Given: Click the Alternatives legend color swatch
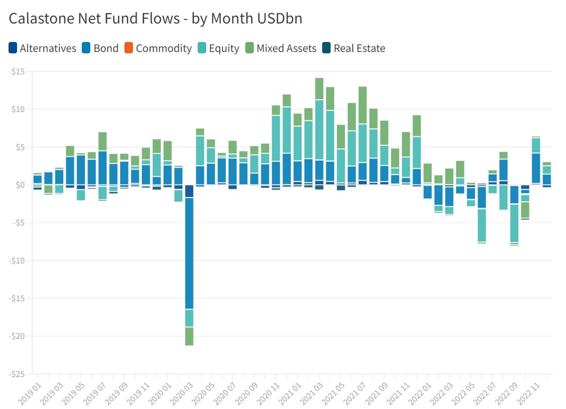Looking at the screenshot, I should click(x=13, y=48).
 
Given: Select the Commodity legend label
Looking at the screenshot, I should click(x=164, y=48).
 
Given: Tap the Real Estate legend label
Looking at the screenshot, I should click(x=359, y=48).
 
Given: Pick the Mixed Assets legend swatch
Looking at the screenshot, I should click(x=249, y=48).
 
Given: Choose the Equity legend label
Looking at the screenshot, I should click(x=224, y=48).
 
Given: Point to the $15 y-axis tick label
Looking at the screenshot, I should click(x=18, y=71).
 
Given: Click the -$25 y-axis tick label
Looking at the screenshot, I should click(x=17, y=374).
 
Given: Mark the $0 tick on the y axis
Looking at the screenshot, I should click(x=20, y=185).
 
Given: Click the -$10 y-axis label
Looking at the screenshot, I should click(x=17, y=261).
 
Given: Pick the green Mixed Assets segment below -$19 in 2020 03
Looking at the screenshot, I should click(x=189, y=336).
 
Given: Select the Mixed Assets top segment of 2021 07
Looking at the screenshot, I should click(x=363, y=105).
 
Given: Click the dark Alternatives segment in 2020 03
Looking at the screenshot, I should click(x=189, y=191).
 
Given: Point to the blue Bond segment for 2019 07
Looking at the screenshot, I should click(x=102, y=168).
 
